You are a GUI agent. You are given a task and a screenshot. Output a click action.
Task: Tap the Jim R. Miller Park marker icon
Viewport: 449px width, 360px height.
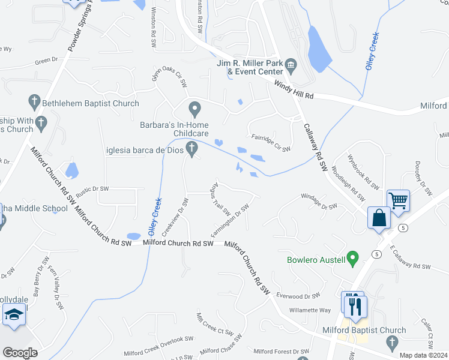[291, 64]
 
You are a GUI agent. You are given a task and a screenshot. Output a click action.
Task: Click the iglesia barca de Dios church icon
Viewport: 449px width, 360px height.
[192, 148]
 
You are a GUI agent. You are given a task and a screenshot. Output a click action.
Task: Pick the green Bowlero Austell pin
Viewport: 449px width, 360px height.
[353, 259]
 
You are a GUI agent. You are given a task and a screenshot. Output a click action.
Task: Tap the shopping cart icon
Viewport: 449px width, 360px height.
[399, 200]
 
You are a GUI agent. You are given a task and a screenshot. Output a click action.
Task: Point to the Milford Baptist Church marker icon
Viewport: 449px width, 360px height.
[392, 343]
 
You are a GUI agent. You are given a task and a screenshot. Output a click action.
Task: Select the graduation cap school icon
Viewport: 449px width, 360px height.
[13, 315]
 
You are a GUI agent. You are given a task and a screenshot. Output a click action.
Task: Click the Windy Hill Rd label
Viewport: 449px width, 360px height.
[294, 91]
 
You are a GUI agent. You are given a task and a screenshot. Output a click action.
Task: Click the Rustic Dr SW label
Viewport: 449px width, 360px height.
[92, 188]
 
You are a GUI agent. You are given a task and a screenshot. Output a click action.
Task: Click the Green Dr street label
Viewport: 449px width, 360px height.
[46, 61]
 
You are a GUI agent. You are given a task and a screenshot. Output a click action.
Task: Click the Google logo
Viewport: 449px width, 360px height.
[20, 353]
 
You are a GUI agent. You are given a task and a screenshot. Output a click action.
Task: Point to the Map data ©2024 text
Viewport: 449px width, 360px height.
[423, 355]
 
